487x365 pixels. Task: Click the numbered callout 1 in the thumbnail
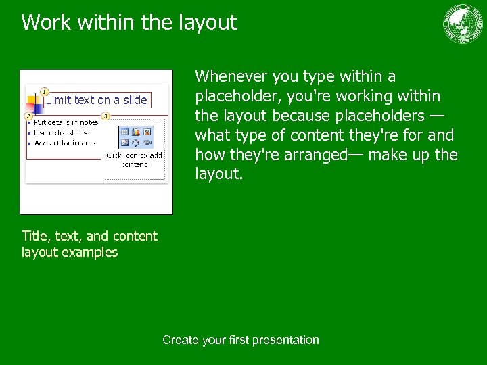(x=43, y=91)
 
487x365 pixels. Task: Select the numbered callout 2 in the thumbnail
(x=28, y=116)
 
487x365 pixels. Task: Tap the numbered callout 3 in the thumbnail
(x=106, y=116)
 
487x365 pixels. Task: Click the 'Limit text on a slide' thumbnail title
(x=96, y=100)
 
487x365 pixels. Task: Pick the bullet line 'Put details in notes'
(x=66, y=123)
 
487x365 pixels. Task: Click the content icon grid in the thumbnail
(x=136, y=137)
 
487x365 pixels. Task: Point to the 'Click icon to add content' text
(x=134, y=160)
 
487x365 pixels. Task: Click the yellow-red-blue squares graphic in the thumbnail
(x=34, y=104)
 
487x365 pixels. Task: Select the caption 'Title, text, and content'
(x=89, y=236)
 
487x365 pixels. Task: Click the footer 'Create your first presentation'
(x=240, y=340)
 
